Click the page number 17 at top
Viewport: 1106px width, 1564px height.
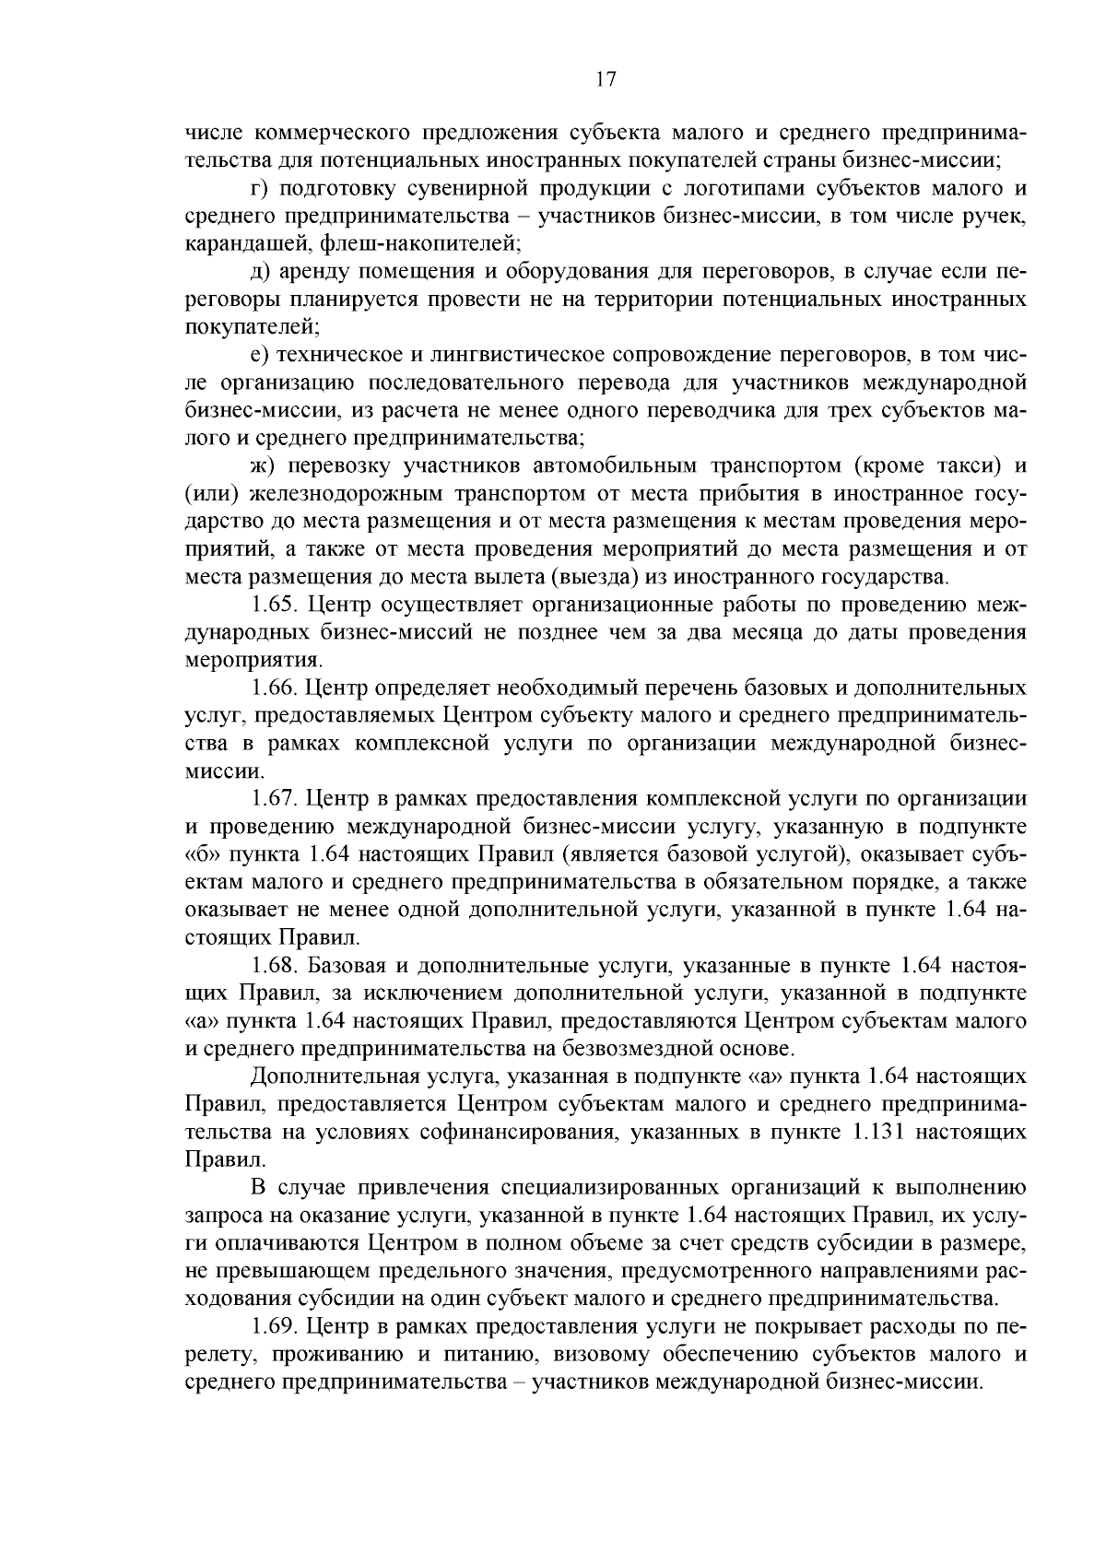(605, 79)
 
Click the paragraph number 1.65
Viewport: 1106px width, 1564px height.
(275, 606)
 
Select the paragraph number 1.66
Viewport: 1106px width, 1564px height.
(275, 688)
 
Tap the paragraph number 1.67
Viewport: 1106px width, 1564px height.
(275, 799)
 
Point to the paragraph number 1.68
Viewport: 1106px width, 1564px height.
(275, 966)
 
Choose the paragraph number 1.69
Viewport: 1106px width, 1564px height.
(275, 1327)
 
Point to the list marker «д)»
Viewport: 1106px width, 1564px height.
(260, 273)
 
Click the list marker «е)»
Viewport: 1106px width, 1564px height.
(259, 356)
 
